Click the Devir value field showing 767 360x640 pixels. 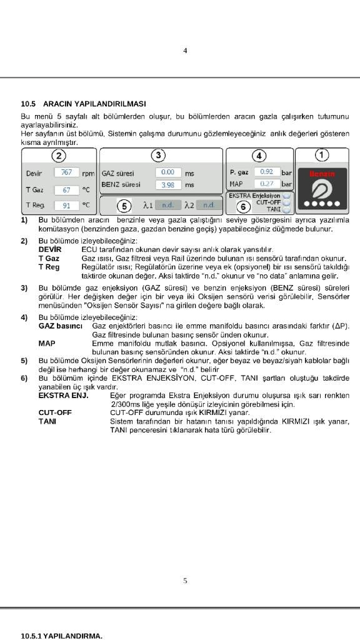pyautogui.click(x=66, y=172)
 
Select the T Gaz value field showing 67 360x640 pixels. pyautogui.click(x=66, y=190)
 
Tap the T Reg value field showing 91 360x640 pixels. pyautogui.click(x=66, y=206)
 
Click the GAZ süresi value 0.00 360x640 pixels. pyautogui.click(x=168, y=172)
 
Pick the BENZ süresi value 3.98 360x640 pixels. pyautogui.click(x=168, y=185)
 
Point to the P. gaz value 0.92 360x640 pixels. pyautogui.click(x=267, y=172)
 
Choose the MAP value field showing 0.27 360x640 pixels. pyautogui.click(x=267, y=184)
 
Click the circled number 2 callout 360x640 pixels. pyautogui.click(x=59, y=156)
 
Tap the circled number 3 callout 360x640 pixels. pyautogui.click(x=157, y=155)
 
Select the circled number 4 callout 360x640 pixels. pyautogui.click(x=259, y=156)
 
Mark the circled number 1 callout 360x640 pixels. pyautogui.click(x=322, y=155)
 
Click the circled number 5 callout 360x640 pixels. pyautogui.click(x=124, y=206)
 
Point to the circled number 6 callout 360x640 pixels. pyautogui.click(x=243, y=207)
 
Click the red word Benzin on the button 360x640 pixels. pyautogui.click(x=322, y=174)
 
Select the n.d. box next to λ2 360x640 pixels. pyautogui.click(x=209, y=205)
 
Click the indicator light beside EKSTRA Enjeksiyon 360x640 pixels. pyautogui.click(x=286, y=196)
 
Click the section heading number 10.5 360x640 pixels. pyautogui.click(x=29, y=104)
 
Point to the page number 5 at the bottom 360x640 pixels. pyautogui.click(x=185, y=581)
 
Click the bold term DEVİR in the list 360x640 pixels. pyautogui.click(x=50, y=249)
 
